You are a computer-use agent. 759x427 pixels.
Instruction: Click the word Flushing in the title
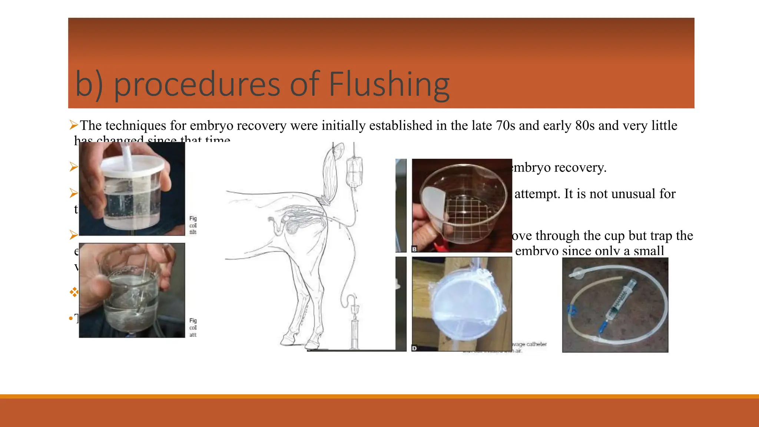389,85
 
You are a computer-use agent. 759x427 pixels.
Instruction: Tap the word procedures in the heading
196,85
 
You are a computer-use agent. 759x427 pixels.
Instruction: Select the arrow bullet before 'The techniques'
74,125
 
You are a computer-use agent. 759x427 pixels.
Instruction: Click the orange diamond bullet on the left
74,292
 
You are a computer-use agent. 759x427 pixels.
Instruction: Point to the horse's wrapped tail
329,174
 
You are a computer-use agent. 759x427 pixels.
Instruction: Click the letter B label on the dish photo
415,249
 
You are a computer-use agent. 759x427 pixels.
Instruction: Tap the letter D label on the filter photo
415,348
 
